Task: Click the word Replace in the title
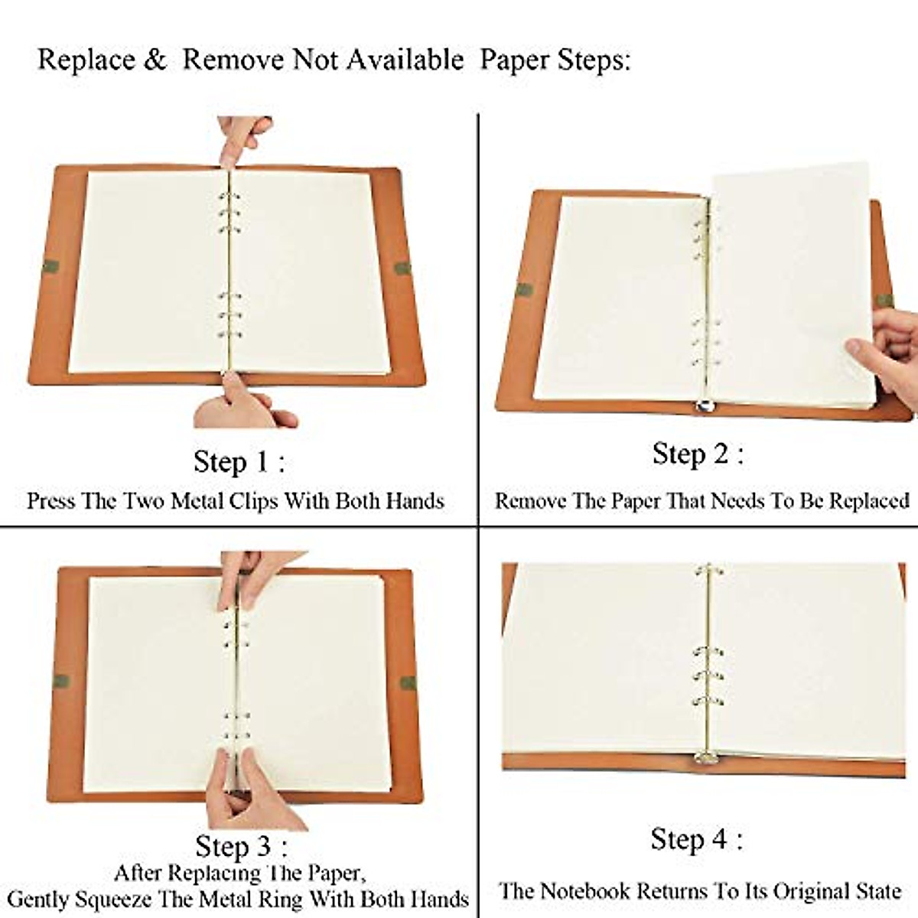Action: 86,60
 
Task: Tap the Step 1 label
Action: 239,462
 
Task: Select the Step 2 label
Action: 697,454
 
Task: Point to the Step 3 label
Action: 241,846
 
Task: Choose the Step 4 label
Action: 696,839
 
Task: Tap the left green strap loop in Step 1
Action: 50,267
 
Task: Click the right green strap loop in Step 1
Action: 402,269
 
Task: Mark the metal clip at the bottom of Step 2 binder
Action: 705,409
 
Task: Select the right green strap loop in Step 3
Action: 409,682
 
